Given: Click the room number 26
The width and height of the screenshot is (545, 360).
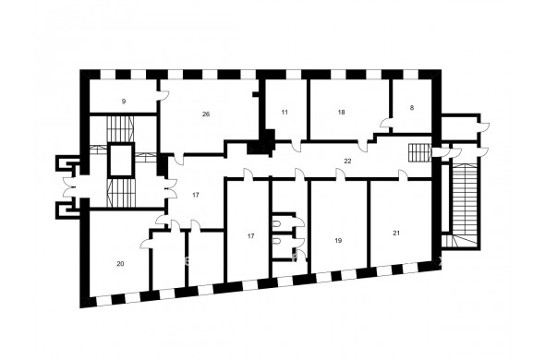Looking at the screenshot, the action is pyautogui.click(x=206, y=114).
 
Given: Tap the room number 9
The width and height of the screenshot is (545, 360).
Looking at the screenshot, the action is pyautogui.click(x=124, y=102).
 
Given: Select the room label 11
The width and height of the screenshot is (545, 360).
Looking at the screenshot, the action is pyautogui.click(x=285, y=113).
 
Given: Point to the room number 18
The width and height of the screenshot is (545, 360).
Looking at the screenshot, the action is pyautogui.click(x=342, y=113).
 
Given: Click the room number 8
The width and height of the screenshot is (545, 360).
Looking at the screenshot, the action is pyautogui.click(x=412, y=108).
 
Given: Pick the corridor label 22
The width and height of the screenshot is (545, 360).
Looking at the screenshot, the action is pyautogui.click(x=347, y=162).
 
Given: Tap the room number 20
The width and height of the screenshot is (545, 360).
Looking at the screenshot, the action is pyautogui.click(x=120, y=264).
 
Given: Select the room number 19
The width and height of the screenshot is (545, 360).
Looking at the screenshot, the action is pyautogui.click(x=338, y=241).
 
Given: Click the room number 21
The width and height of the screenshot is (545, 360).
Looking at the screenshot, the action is pyautogui.click(x=396, y=234).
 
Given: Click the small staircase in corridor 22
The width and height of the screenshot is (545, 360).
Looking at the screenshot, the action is pyautogui.click(x=420, y=152).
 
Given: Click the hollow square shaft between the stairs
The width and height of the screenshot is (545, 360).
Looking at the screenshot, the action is pyautogui.click(x=121, y=161).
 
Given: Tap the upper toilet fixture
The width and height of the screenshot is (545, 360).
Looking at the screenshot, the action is pyautogui.click(x=277, y=225).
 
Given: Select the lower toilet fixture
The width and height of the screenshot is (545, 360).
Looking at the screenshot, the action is pyautogui.click(x=277, y=241).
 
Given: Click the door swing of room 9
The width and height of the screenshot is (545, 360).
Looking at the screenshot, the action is pyautogui.click(x=163, y=96).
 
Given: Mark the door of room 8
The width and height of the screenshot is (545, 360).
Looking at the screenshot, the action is pyautogui.click(x=386, y=123).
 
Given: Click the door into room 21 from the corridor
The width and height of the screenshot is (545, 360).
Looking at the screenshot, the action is pyautogui.click(x=403, y=174).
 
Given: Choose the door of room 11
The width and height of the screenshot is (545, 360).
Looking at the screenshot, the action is pyautogui.click(x=297, y=146).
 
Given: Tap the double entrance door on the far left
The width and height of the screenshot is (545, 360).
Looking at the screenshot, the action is pyautogui.click(x=69, y=188).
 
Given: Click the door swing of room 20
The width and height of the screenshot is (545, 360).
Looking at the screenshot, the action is pyautogui.click(x=146, y=244).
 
